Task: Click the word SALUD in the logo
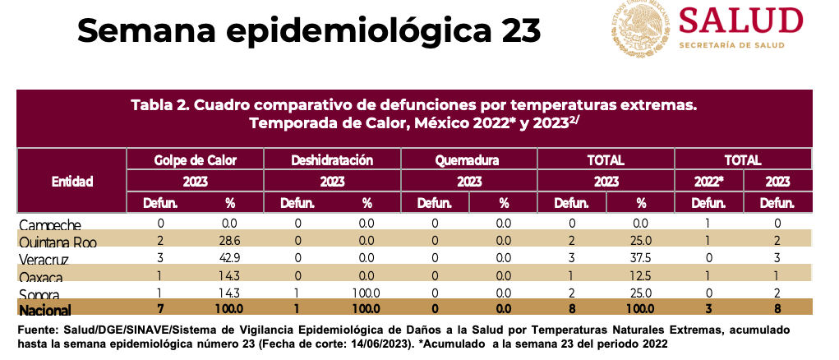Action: tap(740, 21)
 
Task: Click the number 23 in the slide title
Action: tap(518, 30)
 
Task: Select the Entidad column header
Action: tap(71, 181)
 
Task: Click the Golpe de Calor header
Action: tap(195, 159)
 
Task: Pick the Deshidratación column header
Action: tap(332, 159)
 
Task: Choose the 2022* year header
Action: tap(708, 181)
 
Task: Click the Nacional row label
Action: tap(46, 310)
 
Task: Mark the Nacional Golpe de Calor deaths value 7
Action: tap(161, 309)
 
